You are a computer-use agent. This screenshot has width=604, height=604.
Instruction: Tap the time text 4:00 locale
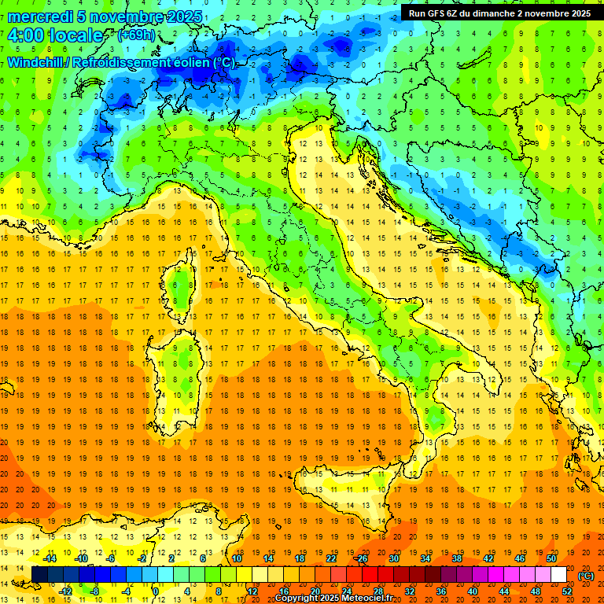click(55, 36)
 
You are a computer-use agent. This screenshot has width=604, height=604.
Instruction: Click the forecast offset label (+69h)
click(136, 35)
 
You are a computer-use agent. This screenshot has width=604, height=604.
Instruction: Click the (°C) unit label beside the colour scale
click(586, 576)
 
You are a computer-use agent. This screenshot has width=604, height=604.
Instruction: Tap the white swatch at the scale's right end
click(559, 575)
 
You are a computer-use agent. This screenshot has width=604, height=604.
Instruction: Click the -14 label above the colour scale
click(50, 558)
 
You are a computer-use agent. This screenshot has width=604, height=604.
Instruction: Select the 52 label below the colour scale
click(566, 591)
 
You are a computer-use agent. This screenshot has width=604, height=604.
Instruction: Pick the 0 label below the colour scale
click(156, 591)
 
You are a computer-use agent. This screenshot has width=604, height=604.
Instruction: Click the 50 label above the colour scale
click(551, 558)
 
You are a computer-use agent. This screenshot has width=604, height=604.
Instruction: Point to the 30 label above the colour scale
click(393, 558)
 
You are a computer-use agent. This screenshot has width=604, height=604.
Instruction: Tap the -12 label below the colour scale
click(65, 591)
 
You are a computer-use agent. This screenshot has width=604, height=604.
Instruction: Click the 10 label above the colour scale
click(236, 558)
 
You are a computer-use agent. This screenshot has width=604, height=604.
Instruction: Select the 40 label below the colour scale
click(472, 591)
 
